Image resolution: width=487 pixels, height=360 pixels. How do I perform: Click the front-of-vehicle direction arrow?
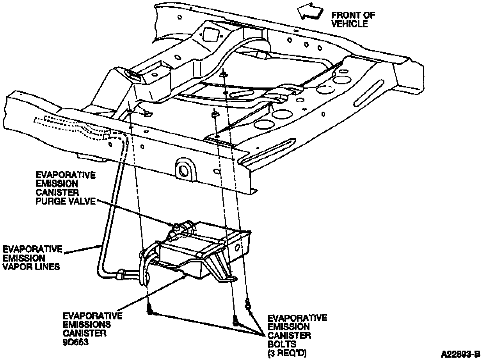(x=310, y=13)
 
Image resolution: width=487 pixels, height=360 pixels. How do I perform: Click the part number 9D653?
(x=75, y=341)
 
